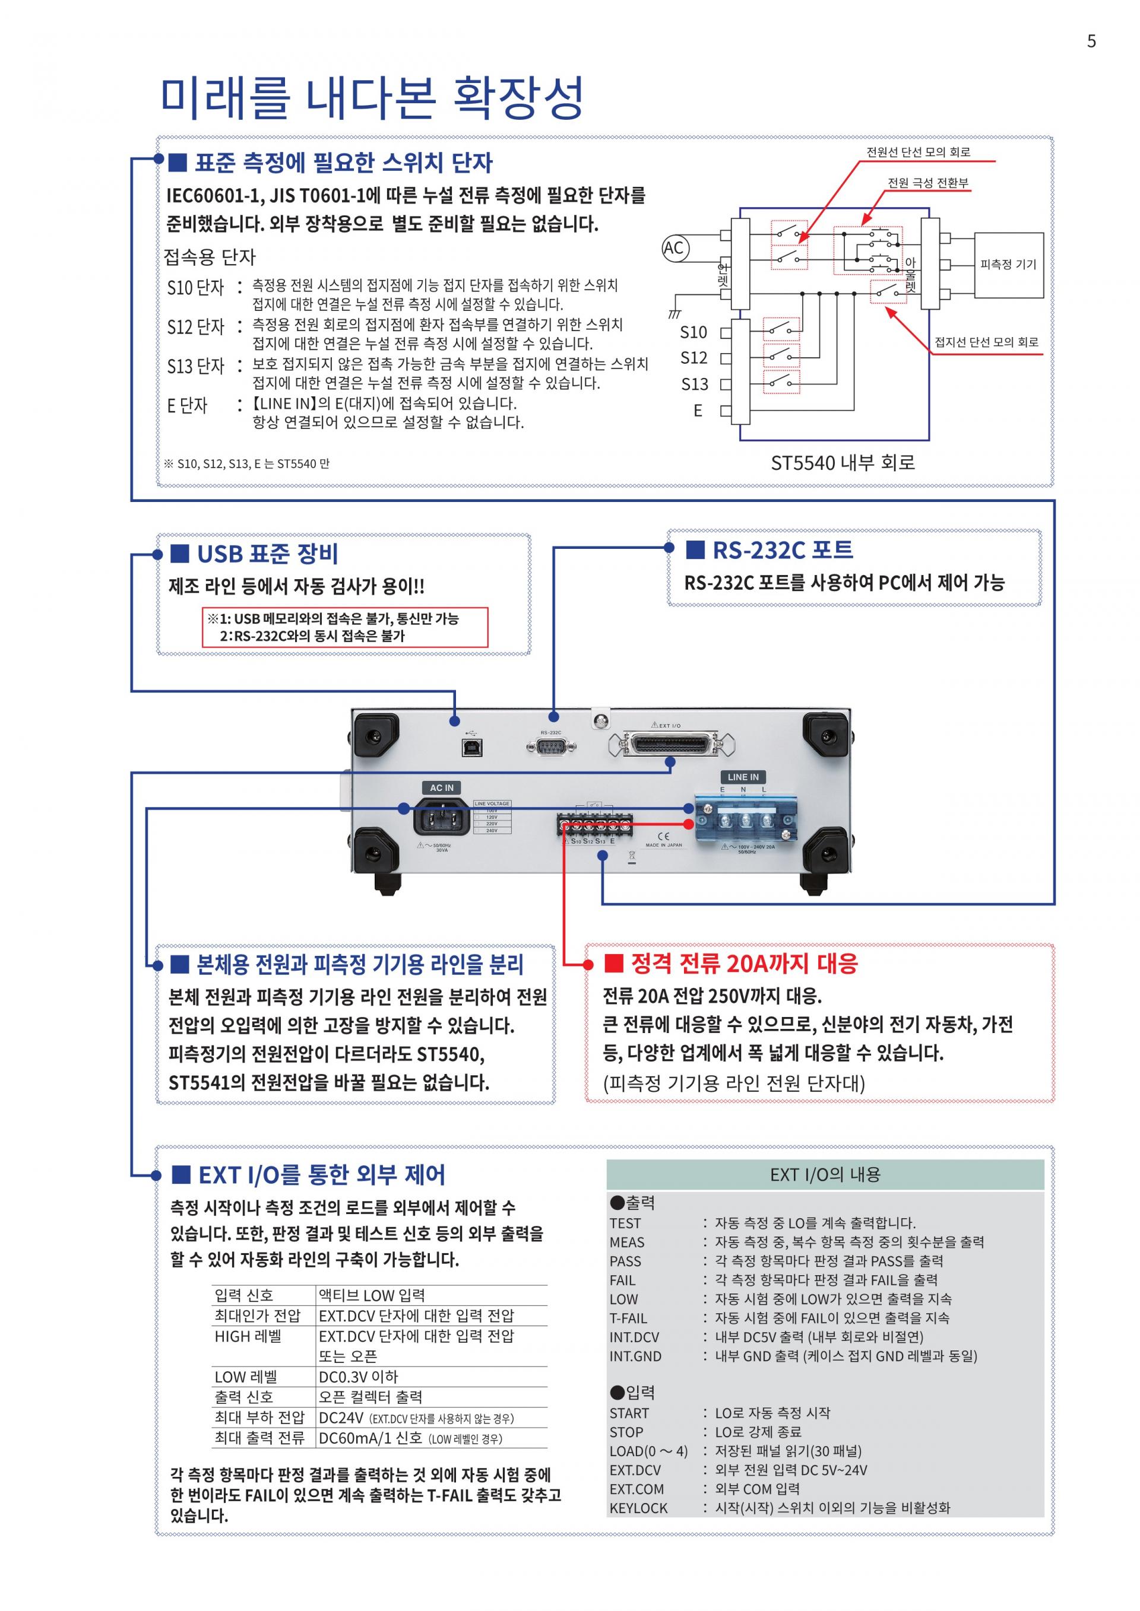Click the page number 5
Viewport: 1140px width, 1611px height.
(x=1091, y=42)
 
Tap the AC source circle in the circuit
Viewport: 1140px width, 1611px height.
(x=674, y=247)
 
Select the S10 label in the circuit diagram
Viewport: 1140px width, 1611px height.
(x=693, y=332)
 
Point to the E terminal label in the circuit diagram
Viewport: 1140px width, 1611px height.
(x=698, y=411)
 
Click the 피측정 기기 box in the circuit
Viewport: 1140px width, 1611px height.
(x=1008, y=265)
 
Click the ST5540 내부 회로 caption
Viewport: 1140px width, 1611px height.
(x=843, y=462)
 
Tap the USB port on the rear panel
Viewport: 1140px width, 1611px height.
(x=469, y=746)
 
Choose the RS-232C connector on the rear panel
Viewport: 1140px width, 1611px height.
(x=551, y=746)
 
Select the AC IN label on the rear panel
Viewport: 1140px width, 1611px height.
(x=442, y=787)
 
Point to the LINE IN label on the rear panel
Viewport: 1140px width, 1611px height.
(x=743, y=777)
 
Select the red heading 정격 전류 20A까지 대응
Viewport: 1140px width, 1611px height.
(x=743, y=964)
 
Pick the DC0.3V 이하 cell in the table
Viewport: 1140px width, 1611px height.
(x=359, y=1377)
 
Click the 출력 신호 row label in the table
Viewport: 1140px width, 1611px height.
(x=243, y=1396)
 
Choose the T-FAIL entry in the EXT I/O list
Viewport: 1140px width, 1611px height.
(x=628, y=1318)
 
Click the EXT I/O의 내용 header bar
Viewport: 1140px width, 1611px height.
(x=825, y=1174)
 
